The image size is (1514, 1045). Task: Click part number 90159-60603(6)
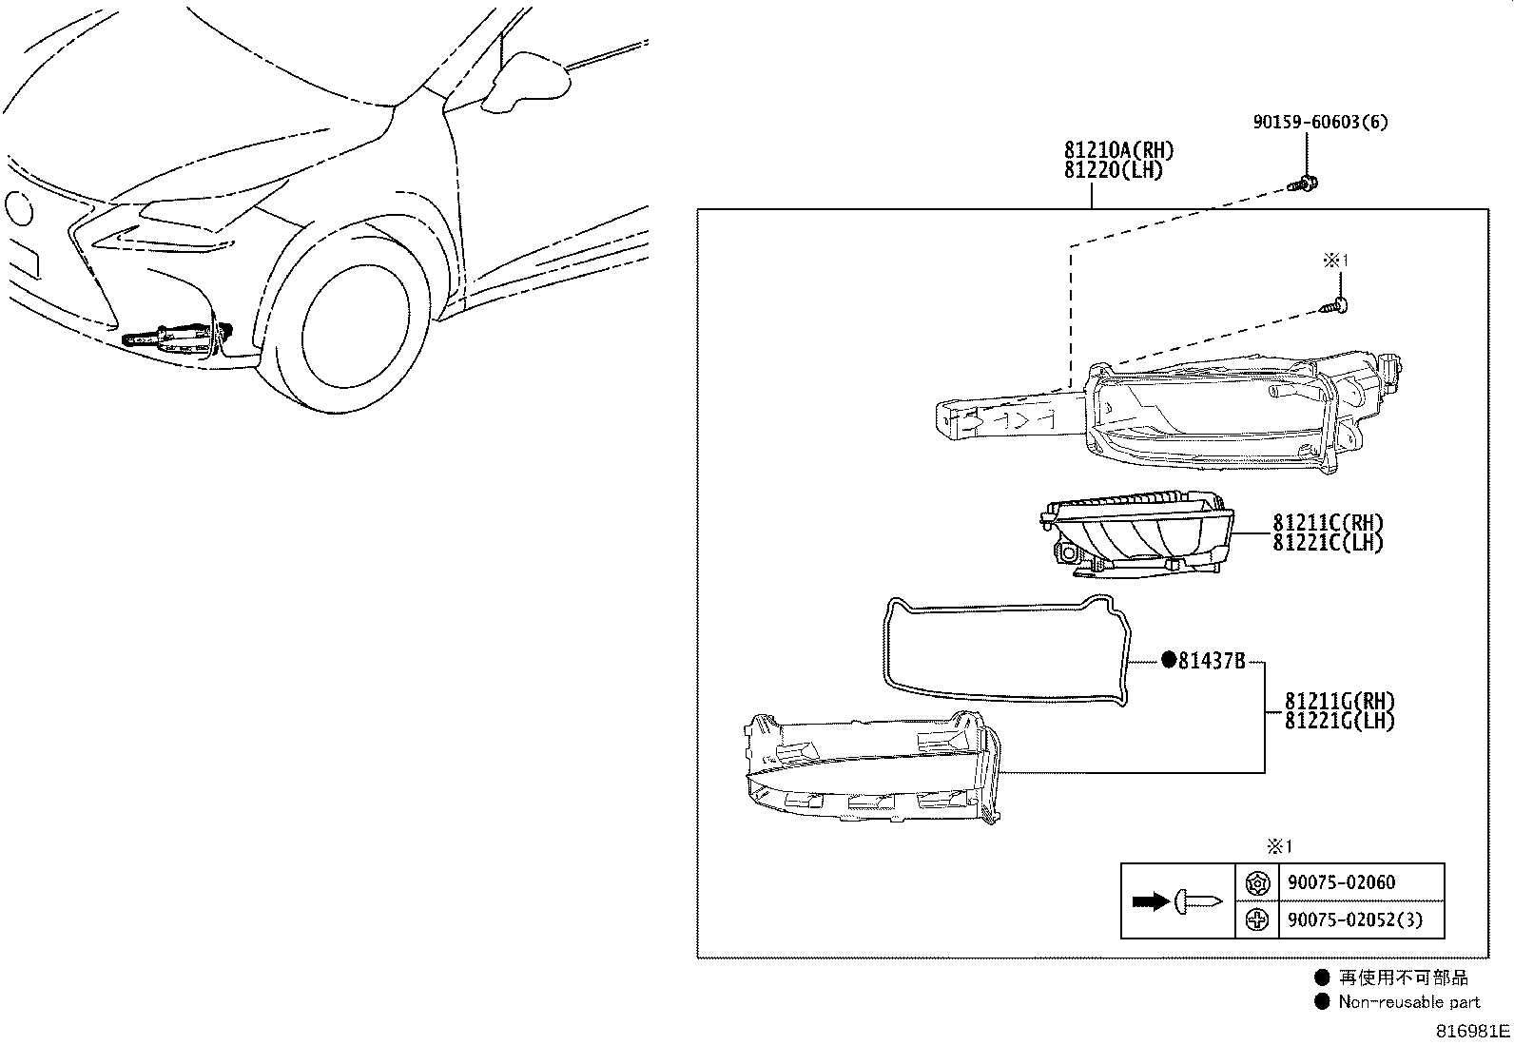pos(1319,123)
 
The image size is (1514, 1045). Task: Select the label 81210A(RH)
pos(1118,150)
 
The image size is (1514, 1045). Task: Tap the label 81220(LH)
pos(1113,171)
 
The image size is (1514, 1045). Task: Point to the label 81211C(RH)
pos(1328,523)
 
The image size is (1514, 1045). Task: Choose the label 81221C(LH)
pos(1328,543)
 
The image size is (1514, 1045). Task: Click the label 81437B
pos(1211,661)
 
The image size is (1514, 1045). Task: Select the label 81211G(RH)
pos(1339,702)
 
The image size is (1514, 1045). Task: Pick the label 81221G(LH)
pos(1339,722)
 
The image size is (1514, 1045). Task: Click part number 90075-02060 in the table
pos(1341,882)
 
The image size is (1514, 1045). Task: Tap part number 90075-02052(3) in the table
pos(1354,919)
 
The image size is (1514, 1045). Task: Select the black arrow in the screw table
pos(1151,901)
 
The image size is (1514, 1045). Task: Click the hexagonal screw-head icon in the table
pos(1256,883)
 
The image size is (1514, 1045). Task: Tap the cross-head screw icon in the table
pos(1256,919)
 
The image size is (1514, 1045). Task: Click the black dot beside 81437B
pos(1168,661)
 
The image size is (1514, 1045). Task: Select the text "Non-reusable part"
pos(1408,1001)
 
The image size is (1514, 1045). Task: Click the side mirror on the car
pos(527,78)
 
